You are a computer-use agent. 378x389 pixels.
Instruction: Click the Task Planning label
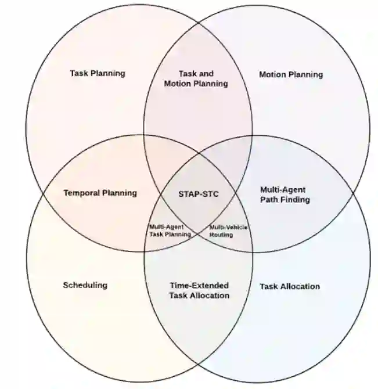click(98, 73)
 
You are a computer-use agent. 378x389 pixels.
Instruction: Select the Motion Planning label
click(291, 74)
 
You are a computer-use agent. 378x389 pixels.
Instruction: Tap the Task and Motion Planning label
click(196, 78)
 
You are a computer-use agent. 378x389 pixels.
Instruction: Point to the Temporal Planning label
click(100, 193)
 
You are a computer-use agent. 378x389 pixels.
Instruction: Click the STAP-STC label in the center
click(199, 194)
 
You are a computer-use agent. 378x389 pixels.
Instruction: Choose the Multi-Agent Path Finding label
click(285, 195)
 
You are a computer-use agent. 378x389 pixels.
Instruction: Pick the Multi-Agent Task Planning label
click(170, 230)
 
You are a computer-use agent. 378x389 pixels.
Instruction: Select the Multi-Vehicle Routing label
click(228, 230)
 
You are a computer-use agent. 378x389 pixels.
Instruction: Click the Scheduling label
click(85, 285)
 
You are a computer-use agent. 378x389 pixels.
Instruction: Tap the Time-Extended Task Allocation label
click(199, 290)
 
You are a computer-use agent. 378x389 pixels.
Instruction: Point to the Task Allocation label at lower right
click(290, 286)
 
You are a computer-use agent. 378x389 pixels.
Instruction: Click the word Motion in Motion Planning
click(272, 74)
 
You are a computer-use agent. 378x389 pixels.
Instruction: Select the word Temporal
click(82, 193)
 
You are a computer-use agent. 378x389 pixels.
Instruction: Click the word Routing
click(221, 235)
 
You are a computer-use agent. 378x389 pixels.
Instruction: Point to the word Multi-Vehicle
click(228, 227)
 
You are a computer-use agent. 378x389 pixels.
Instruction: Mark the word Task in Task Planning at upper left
click(79, 73)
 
